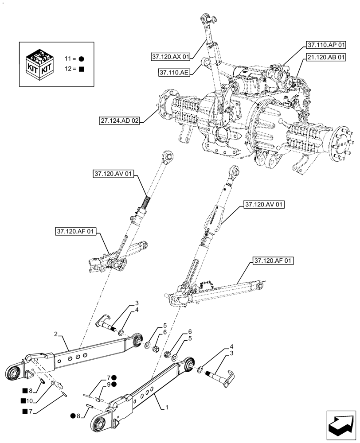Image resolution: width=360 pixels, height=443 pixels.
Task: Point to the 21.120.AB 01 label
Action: click(325, 57)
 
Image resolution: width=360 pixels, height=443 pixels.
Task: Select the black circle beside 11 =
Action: click(82, 58)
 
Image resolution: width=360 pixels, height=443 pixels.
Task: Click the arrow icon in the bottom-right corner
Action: click(341, 426)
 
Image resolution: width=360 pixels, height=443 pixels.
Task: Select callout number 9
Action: click(109, 385)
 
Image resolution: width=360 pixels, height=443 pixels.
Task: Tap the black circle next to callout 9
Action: click(115, 385)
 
